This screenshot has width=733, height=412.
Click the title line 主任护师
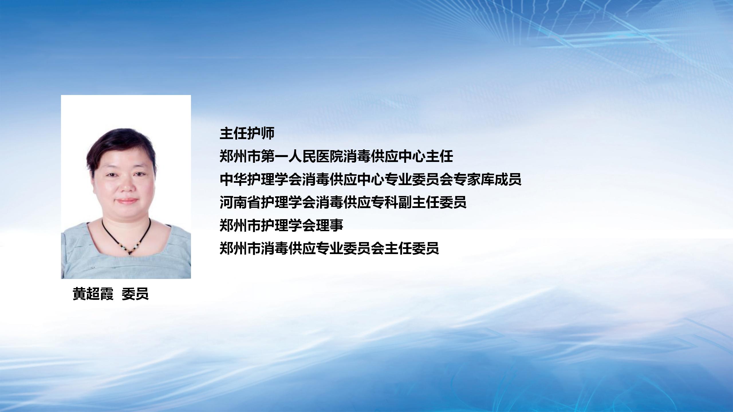point(247,133)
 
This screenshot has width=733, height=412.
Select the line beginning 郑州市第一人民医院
point(336,157)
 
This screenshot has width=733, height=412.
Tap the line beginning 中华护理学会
point(371,179)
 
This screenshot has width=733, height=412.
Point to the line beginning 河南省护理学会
point(343,202)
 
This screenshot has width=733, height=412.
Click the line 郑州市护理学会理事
point(281,225)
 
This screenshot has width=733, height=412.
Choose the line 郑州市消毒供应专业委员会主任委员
point(329,248)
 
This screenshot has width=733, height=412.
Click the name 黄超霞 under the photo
point(93,294)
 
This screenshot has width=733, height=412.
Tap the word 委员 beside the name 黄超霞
point(135,294)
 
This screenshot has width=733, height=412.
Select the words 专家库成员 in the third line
point(487,179)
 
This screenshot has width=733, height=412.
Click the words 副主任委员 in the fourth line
point(432,202)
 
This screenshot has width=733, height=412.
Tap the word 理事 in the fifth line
point(330,225)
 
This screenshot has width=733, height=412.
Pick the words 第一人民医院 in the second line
point(302,157)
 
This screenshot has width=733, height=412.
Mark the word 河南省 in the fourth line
point(240,202)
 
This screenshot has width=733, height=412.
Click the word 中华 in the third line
point(233,179)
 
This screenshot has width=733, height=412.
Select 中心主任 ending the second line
point(426,157)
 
